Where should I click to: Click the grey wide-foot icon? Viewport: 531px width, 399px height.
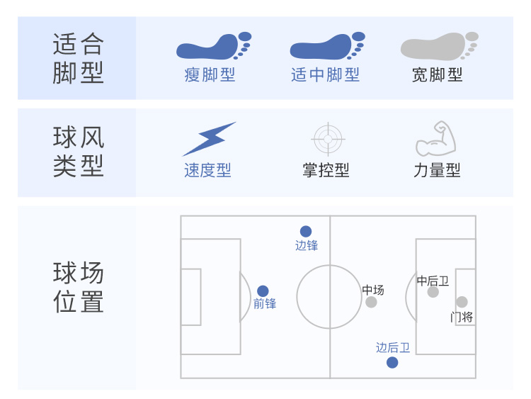coord(439,47)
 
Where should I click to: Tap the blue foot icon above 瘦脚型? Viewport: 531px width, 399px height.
coord(214,47)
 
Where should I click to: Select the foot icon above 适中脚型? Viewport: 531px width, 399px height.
coord(328,47)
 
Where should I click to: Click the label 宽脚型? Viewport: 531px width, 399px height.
coord(437,74)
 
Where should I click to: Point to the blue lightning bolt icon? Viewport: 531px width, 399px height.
coord(209,139)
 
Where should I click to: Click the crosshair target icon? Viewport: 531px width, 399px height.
coord(328,139)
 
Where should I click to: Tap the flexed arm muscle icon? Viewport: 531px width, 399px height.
coord(436,138)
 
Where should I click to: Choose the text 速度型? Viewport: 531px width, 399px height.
coord(207,170)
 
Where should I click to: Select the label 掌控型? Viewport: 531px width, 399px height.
coord(326,170)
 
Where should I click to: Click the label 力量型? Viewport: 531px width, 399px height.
coord(437,170)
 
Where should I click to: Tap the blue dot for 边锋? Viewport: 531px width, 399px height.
coord(306,232)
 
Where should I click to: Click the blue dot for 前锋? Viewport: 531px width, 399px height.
coord(263,291)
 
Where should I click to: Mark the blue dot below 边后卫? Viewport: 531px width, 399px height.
coord(392,362)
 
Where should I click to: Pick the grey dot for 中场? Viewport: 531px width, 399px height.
coord(371,302)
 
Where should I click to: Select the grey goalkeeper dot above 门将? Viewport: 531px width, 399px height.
coord(462,302)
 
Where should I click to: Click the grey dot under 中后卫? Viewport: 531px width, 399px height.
coord(433,292)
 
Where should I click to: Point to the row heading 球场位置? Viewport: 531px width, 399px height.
coord(78,287)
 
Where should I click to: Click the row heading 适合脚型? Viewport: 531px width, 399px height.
coord(78,58)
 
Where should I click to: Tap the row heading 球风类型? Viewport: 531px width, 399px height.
coord(78,151)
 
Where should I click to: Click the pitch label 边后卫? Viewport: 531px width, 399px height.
coord(393,347)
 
